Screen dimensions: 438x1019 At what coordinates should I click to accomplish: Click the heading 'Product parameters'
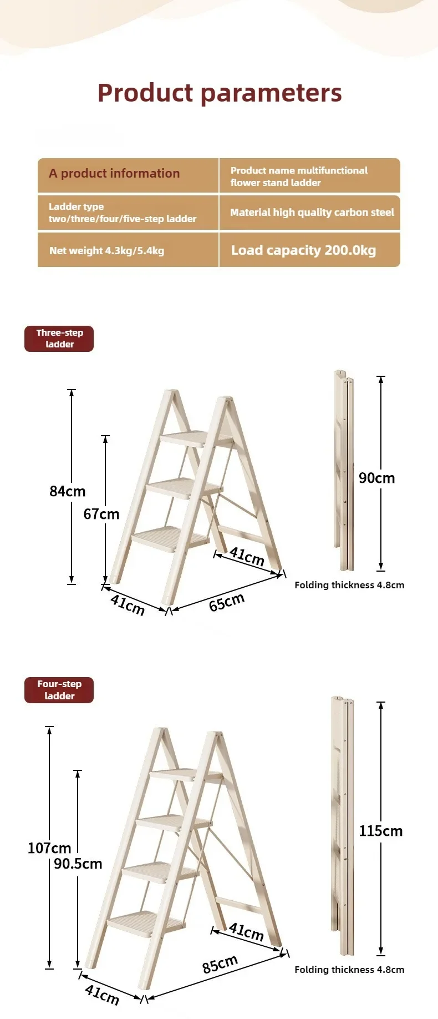pos(220,93)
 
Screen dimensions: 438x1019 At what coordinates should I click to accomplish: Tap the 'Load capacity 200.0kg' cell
pos(309,250)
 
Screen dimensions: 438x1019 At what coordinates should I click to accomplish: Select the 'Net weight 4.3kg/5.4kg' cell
pos(128,250)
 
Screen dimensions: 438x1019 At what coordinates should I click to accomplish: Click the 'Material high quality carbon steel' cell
pos(309,212)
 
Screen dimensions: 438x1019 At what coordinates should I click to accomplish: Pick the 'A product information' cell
pos(128,175)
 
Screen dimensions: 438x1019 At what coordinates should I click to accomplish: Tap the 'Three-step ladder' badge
pos(59,339)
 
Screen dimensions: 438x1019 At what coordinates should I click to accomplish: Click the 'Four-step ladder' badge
pos(59,690)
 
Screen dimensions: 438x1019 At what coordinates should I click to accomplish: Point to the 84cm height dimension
pos(68,491)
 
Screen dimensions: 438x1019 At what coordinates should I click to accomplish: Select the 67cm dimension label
pos(101,514)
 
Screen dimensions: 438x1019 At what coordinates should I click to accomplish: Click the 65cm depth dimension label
pos(227,602)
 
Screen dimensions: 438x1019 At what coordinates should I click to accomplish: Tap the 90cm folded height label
pos(377,478)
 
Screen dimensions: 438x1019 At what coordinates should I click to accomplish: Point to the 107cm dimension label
pos(49,848)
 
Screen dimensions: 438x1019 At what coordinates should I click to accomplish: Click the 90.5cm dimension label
pos(78,864)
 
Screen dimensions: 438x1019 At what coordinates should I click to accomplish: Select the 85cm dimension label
pos(220,964)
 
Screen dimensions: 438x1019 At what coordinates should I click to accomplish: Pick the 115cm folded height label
pos(381,831)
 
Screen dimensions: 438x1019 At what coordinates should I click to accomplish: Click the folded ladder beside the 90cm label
pos(343,471)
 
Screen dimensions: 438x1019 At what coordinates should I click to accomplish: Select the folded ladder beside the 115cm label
pos(342,826)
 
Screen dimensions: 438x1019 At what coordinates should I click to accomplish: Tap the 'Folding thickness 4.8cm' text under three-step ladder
pos(349,585)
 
